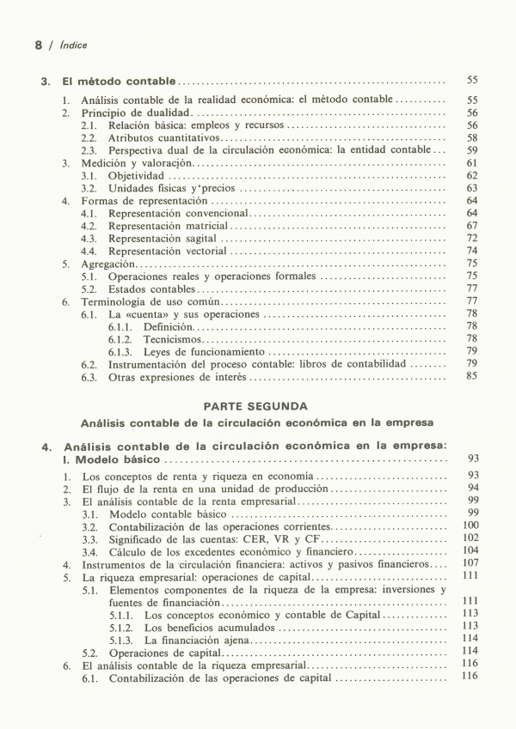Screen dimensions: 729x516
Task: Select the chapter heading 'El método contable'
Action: [x=120, y=82]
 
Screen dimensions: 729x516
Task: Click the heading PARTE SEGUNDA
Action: [x=256, y=405]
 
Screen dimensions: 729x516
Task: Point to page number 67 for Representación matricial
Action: [x=471, y=226]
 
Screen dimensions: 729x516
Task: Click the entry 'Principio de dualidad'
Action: [x=135, y=112]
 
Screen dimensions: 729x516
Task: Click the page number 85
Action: [x=471, y=376]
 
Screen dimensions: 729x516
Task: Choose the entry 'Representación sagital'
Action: [x=162, y=239]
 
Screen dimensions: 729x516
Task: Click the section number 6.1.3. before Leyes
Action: [x=122, y=352]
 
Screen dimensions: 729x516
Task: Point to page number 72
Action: [x=471, y=239]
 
